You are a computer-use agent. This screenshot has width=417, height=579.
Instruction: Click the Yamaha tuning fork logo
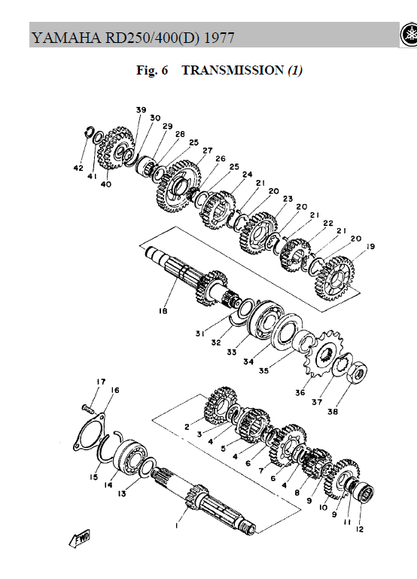coord(409,35)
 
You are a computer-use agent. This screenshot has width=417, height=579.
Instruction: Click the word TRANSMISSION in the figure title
coord(233,70)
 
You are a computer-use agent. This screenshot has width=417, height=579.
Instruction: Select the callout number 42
coord(78,168)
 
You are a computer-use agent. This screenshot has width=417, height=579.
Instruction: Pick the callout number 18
coord(163,311)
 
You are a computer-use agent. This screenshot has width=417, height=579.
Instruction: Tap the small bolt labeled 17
coord(87,408)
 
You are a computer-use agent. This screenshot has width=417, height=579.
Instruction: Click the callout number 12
coord(359,529)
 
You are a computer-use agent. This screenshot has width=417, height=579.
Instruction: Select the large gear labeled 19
coord(335,278)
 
